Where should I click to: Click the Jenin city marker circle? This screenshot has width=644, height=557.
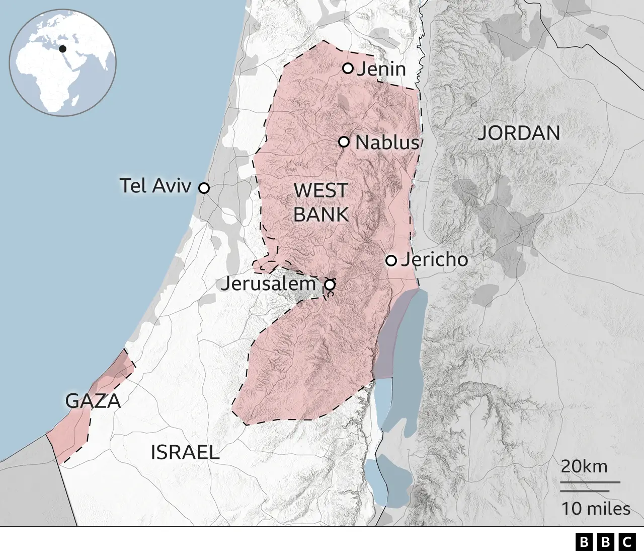point(348,68)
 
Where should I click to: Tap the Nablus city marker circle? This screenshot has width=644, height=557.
point(344,142)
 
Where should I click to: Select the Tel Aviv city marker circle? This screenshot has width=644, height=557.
point(204,188)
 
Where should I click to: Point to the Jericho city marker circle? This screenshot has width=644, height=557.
point(391,260)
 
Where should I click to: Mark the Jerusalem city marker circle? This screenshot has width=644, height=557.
point(330,285)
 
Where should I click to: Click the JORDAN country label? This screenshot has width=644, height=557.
point(518,133)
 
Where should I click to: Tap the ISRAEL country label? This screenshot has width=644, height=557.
point(185,452)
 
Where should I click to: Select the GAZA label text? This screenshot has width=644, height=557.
point(93,401)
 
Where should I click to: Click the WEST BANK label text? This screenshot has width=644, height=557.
point(320,202)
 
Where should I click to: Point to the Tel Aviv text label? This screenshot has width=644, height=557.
point(155,186)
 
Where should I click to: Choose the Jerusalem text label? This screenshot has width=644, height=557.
point(268,284)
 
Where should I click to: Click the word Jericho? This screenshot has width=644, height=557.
point(434,259)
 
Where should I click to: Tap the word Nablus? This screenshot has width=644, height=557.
point(387,143)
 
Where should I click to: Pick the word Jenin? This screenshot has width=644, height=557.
point(381,69)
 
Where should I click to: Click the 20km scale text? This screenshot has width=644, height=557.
point(584,466)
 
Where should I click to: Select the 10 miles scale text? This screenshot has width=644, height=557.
point(596,509)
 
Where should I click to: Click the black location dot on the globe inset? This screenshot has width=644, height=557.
point(62,49)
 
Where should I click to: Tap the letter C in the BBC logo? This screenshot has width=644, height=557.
point(627,542)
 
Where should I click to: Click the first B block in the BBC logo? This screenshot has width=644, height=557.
point(584,542)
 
